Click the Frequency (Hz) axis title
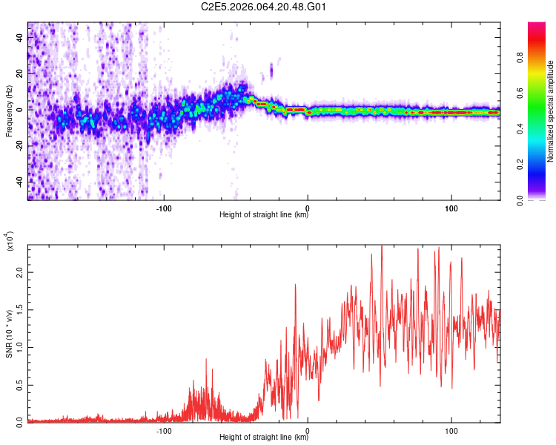[x=9, y=111]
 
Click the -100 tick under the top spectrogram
[x=164, y=208]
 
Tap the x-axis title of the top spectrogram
[x=264, y=215]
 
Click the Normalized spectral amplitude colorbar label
[x=551, y=111]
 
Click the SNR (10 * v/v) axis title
[x=9, y=334]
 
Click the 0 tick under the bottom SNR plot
[x=308, y=430]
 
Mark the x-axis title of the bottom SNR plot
[x=264, y=438]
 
